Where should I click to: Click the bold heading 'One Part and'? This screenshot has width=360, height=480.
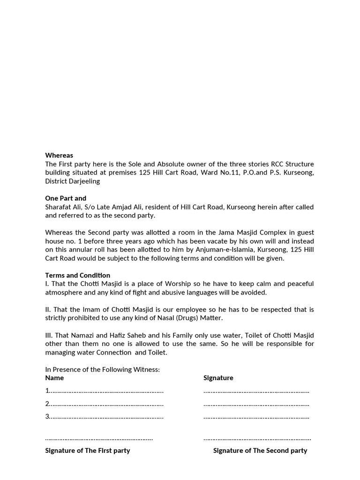coord(66,198)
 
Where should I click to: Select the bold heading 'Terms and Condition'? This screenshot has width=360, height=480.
coord(77,275)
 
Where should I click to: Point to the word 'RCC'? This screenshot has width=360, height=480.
coord(277,164)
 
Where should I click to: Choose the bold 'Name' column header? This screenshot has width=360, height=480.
coord(54,378)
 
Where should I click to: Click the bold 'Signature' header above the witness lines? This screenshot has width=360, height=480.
coord(218,378)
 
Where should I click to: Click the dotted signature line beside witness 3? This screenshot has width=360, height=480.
coord(256,417)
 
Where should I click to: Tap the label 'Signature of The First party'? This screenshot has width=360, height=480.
coord(87,450)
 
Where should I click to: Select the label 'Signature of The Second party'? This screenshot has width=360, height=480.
coord(260,450)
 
